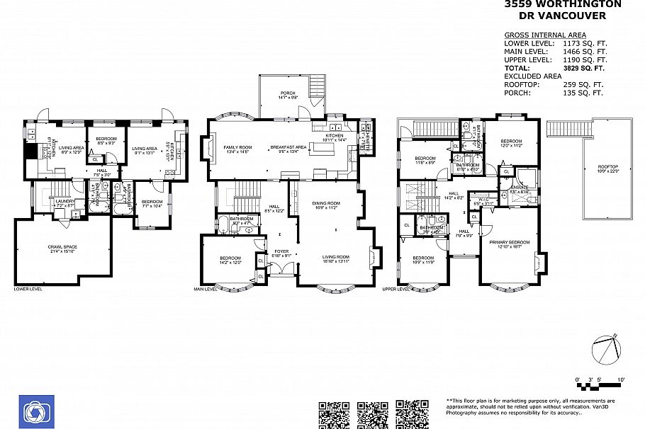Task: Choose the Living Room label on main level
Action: (x=336, y=258)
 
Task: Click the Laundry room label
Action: (x=65, y=202)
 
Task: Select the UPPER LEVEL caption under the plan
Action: (x=398, y=289)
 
